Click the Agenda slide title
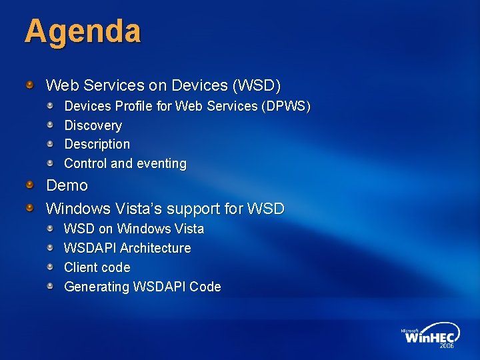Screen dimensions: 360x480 coord(83,32)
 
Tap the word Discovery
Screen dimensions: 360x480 coord(93,125)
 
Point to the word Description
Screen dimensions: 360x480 coord(97,144)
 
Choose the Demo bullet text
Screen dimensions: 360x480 coord(67,185)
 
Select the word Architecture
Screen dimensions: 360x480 coord(155,248)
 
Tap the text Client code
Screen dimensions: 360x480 coord(97,267)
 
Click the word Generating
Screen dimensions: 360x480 coord(97,287)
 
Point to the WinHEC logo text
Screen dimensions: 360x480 coord(431,337)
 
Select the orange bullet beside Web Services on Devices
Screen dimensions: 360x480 coord(30,85)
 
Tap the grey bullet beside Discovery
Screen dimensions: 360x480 coord(50,125)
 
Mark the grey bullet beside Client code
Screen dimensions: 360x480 coord(50,267)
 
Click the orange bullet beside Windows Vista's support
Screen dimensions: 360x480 coord(30,208)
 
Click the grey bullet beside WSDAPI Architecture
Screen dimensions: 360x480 coord(50,247)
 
